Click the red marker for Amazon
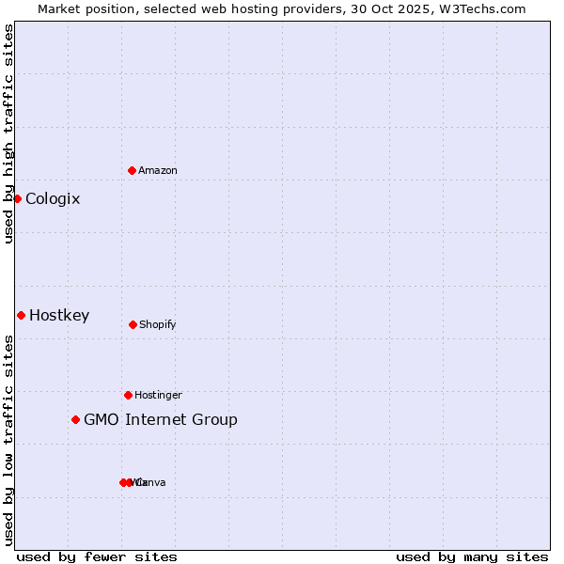133,170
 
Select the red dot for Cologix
17,198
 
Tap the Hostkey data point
21,315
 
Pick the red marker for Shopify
133,324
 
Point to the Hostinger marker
128,395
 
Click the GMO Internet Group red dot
75,419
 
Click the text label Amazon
158,170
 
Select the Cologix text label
53,198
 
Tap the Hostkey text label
59,315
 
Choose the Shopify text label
158,324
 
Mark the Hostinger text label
158,395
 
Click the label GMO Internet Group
161,419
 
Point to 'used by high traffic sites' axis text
8,133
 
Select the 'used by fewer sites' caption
97,556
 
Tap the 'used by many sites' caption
472,556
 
